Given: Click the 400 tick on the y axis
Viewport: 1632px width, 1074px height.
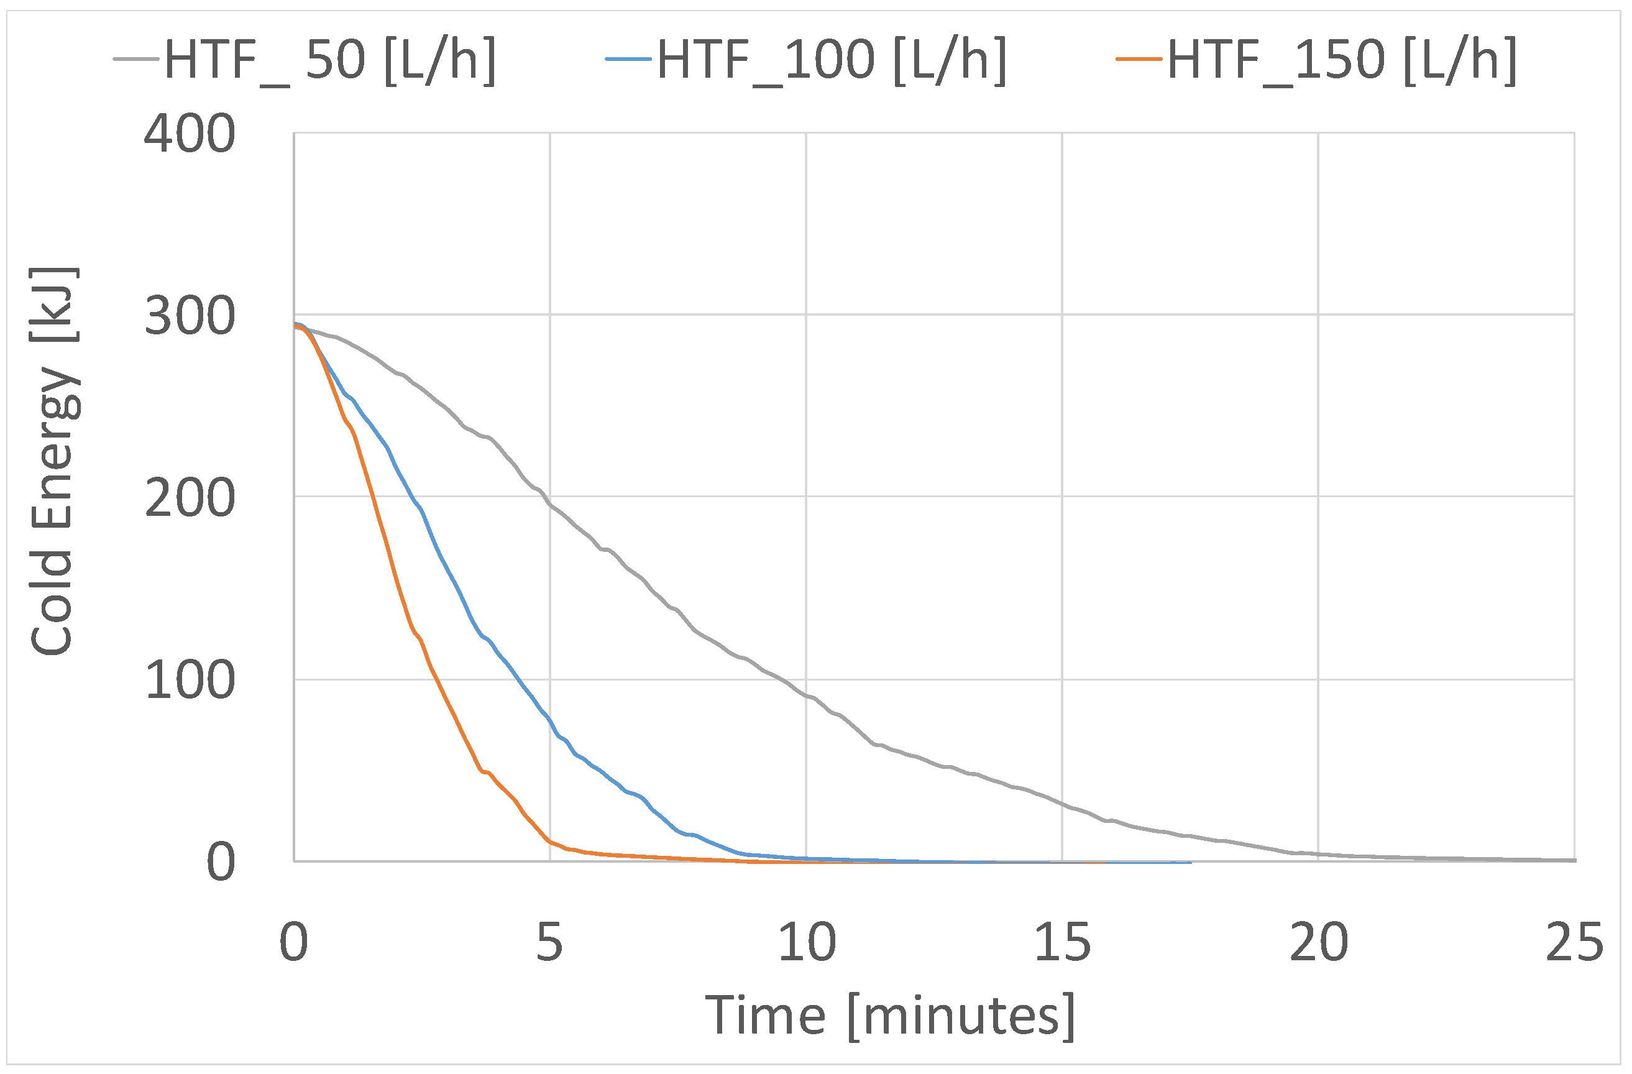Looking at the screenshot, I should tap(190, 134).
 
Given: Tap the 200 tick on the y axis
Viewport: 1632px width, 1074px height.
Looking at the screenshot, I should tap(190, 498).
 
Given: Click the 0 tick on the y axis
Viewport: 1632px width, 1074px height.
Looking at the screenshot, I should tap(221, 863).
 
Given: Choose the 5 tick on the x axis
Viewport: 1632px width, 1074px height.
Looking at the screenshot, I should tap(549, 943).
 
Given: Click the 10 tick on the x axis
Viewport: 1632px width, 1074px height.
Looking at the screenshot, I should tap(807, 943).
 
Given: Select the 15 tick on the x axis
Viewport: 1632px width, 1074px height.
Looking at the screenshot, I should tap(1062, 943).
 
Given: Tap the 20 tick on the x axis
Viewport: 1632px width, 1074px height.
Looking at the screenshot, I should tap(1319, 943).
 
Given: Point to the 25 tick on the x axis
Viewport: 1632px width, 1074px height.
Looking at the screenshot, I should tap(1574, 943).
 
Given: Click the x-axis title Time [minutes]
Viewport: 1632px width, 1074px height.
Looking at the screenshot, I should tap(890, 1016).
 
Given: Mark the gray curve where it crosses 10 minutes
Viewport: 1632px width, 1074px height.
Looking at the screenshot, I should tap(807, 697).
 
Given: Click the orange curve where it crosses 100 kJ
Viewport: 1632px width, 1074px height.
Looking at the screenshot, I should tap(435, 679).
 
